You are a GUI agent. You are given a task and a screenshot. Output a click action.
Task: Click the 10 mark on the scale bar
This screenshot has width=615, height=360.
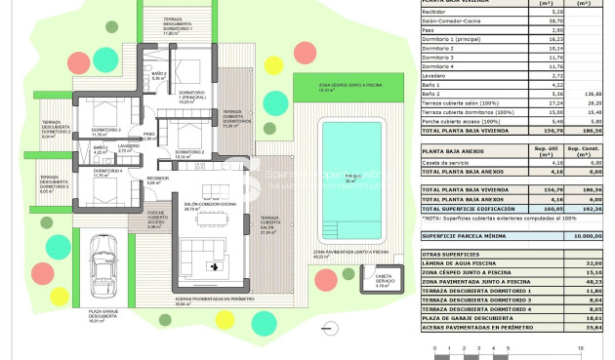pos(581,347)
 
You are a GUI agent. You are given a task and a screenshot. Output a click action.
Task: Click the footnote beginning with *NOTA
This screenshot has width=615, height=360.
pos(493,220)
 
